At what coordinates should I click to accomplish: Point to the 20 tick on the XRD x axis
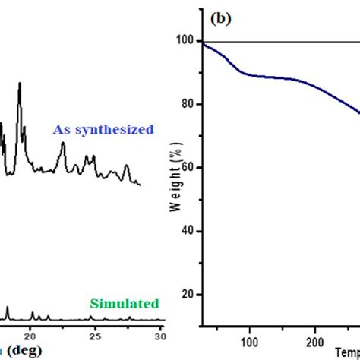(x=30, y=335)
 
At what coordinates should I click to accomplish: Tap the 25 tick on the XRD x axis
(x=95, y=335)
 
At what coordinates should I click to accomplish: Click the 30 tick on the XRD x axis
(x=160, y=335)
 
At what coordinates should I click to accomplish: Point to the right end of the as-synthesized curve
(x=140, y=184)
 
